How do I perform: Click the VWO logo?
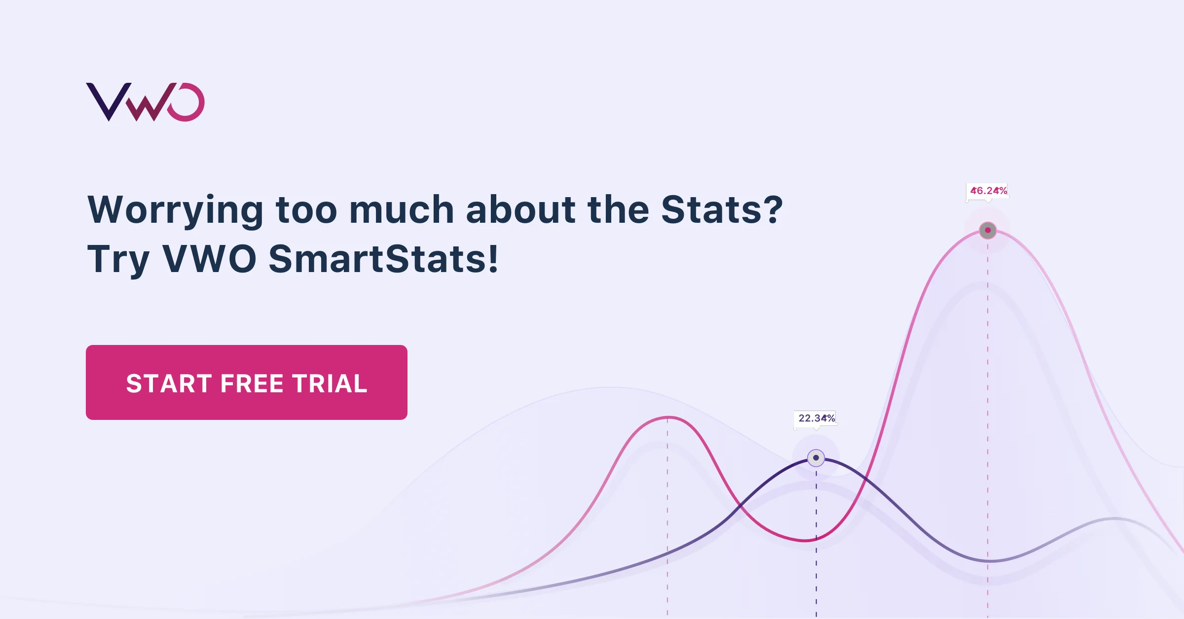[x=145, y=102]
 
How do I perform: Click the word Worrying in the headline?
[x=175, y=210]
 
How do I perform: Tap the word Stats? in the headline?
[x=722, y=210]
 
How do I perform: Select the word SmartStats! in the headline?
[x=383, y=259]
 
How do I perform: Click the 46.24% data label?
[x=988, y=191]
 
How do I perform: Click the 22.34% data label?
[x=816, y=418]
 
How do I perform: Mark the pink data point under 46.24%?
[x=988, y=230]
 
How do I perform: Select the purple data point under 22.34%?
[x=816, y=458]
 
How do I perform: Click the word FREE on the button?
[x=252, y=383]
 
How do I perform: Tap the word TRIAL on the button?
[x=330, y=383]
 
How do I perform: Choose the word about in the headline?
[x=520, y=210]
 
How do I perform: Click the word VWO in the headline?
[x=209, y=259]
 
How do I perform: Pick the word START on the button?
[x=169, y=383]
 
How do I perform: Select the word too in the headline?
[x=306, y=210]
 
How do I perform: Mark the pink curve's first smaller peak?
[x=667, y=418]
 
